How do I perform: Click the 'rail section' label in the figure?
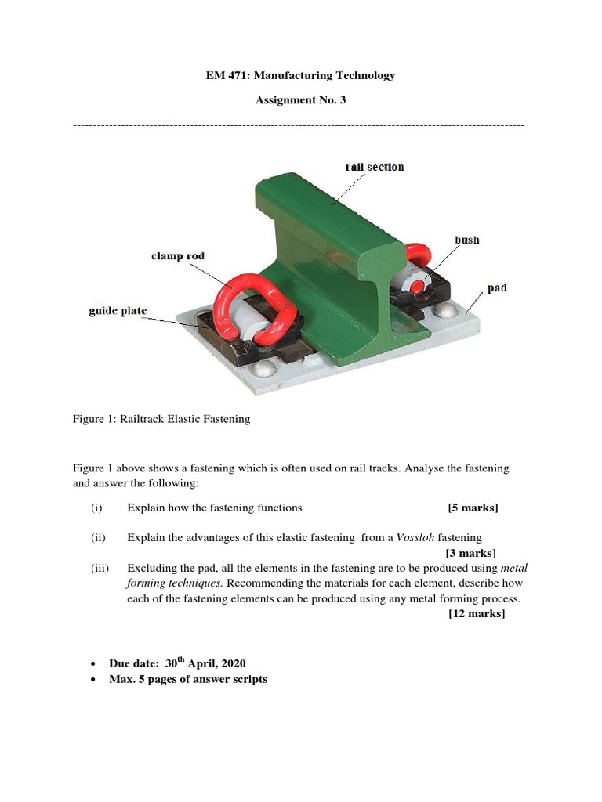pos(375,167)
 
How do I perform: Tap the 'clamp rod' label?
pos(179,256)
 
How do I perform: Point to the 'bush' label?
pos(466,240)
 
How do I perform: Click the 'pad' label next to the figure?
pos(496,288)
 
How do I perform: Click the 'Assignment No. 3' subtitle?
pos(301,100)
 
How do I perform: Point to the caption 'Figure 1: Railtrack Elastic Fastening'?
pos(161,419)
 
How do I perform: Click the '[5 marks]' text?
pos(473,508)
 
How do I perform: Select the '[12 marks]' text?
pos(477,613)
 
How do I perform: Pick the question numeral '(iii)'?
pos(100,568)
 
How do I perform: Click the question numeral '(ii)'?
pos(98,537)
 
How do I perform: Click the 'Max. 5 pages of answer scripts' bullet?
pos(187,679)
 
